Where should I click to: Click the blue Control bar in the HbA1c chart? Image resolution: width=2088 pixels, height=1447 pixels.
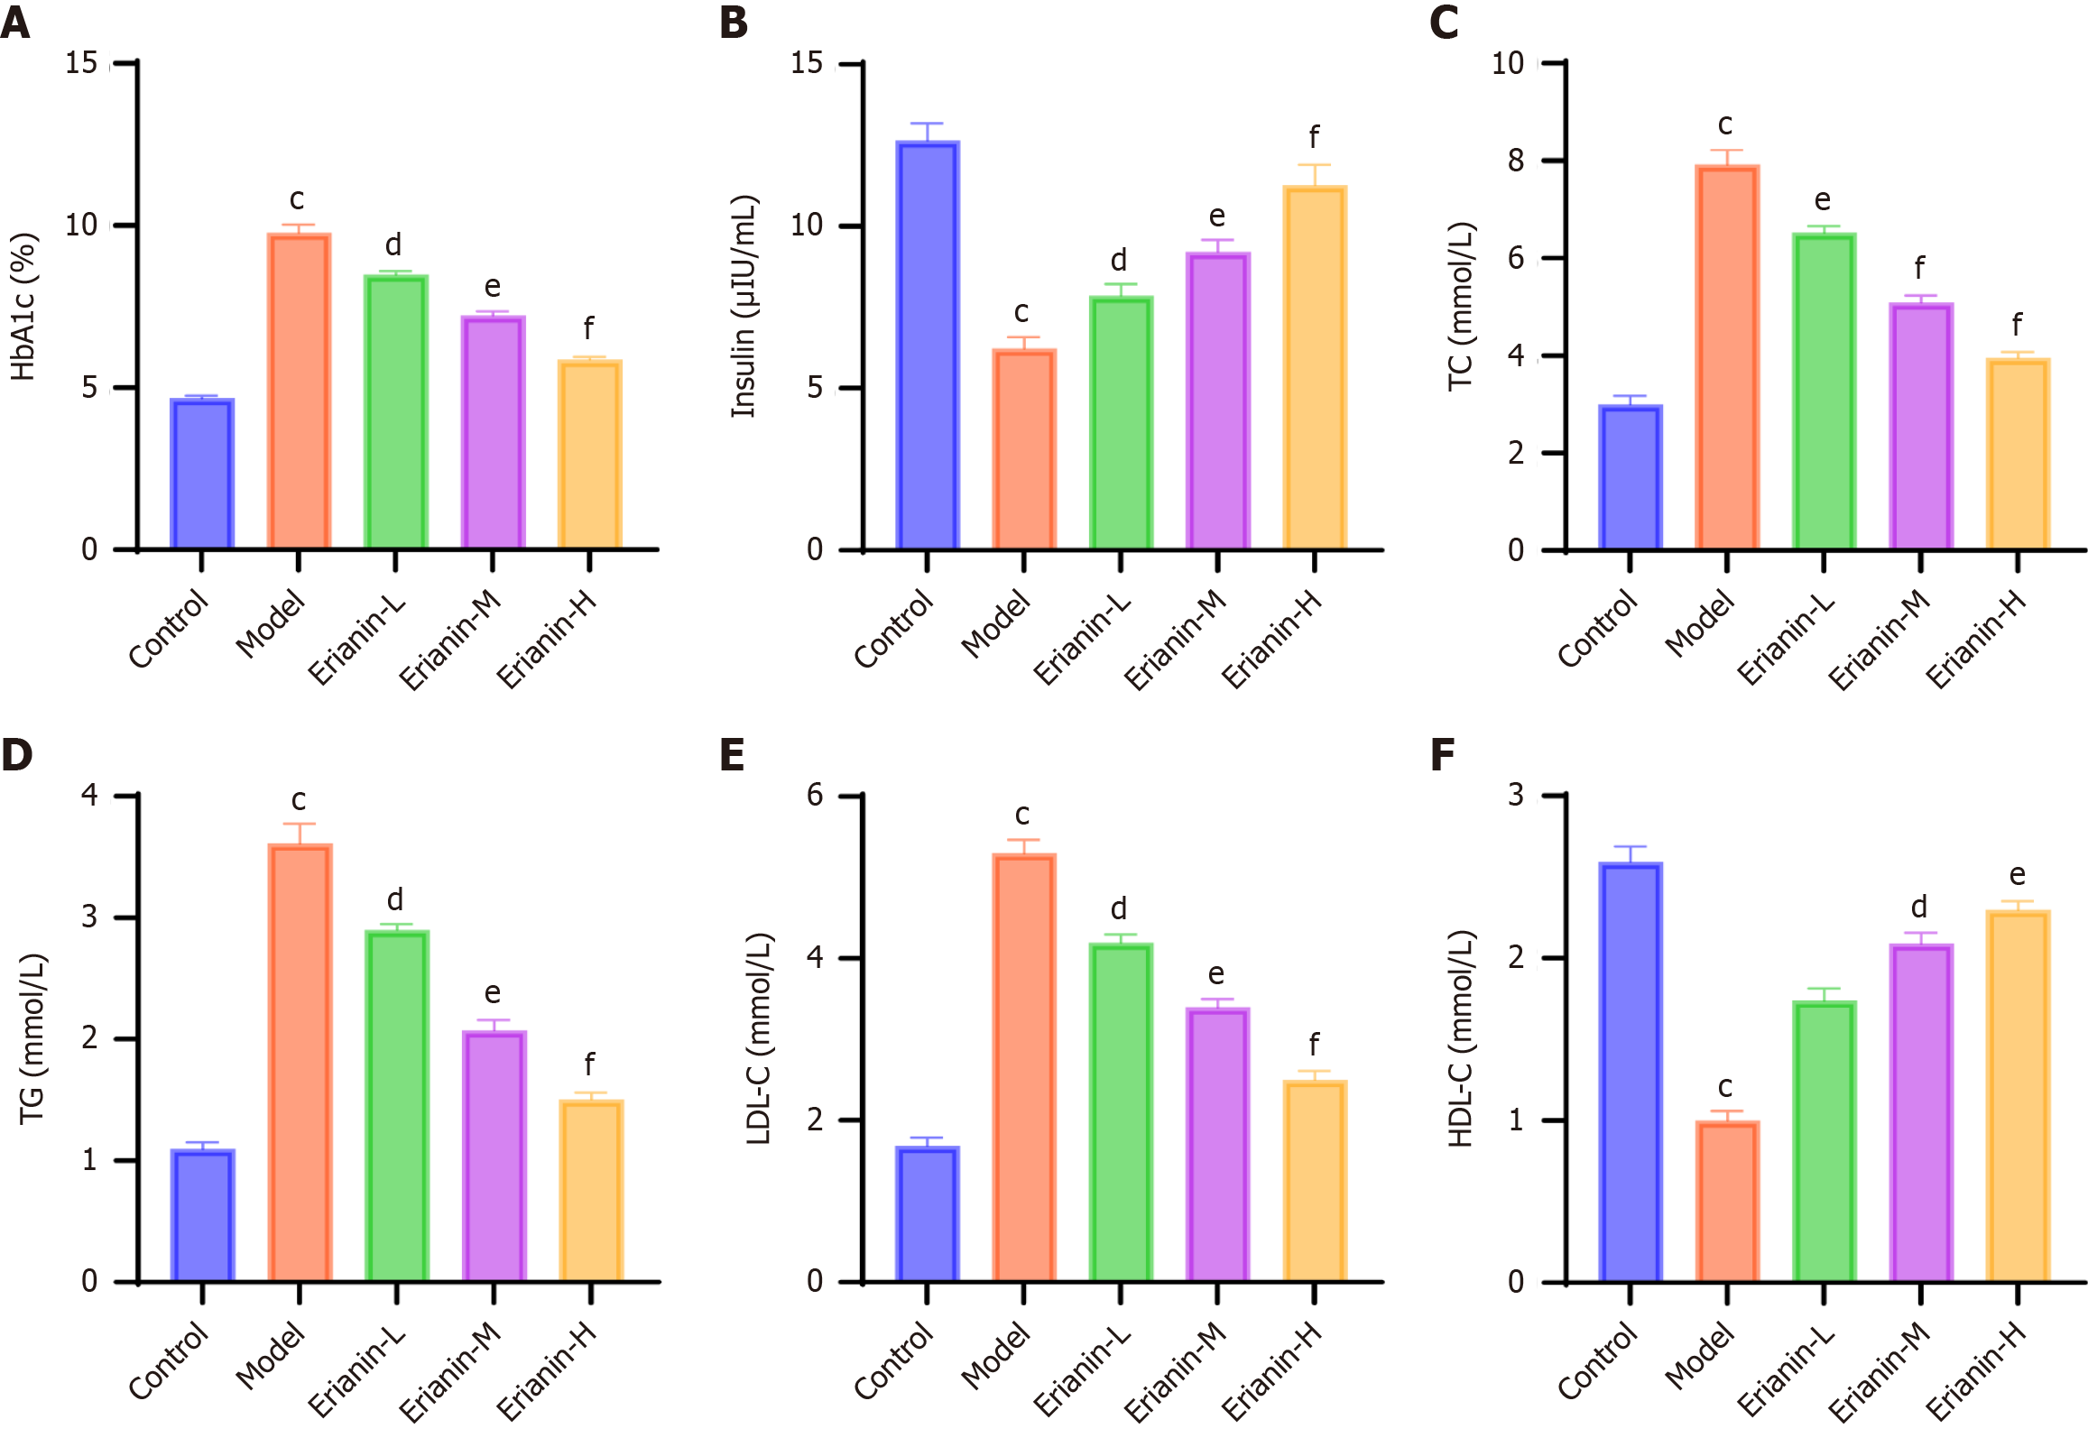tap(202, 474)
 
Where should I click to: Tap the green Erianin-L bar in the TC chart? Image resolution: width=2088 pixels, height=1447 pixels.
tap(1824, 391)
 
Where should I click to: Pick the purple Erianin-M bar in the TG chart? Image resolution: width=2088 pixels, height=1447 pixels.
tap(494, 1156)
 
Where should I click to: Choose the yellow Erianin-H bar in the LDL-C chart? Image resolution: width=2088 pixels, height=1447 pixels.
tap(1315, 1181)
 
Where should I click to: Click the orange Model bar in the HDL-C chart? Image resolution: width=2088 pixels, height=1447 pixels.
tap(1726, 1202)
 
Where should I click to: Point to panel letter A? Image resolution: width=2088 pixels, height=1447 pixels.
tap(15, 23)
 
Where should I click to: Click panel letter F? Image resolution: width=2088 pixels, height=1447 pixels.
tap(1442, 754)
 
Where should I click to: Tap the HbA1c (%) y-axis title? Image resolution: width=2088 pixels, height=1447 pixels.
tap(23, 307)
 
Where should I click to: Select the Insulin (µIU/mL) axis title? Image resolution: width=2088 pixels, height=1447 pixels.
tap(744, 307)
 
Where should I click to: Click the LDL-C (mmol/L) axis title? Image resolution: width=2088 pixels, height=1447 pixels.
tap(758, 1039)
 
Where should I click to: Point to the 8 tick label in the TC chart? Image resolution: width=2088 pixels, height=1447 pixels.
tap(1516, 161)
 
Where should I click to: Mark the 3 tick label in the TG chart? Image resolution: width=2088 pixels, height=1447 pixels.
tap(88, 917)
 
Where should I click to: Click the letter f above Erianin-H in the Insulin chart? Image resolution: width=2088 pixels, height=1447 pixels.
tap(1314, 138)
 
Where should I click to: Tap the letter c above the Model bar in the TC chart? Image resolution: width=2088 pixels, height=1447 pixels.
tap(1724, 124)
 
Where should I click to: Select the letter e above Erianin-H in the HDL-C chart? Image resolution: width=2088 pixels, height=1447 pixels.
tap(2017, 875)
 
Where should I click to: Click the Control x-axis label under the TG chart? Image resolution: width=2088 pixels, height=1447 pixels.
tap(169, 1360)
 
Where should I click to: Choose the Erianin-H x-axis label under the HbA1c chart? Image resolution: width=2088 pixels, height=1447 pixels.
tap(547, 640)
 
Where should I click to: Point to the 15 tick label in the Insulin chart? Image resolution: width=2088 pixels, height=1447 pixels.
tap(807, 63)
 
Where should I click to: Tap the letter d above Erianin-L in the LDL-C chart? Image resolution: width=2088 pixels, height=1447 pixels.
tap(1119, 908)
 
